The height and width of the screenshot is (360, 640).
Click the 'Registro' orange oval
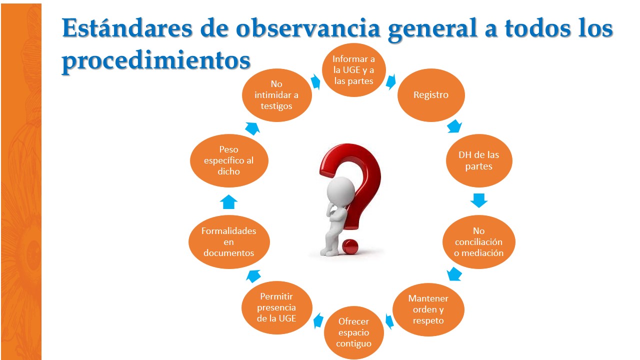431,95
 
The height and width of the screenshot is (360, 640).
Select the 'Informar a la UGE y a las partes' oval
354,69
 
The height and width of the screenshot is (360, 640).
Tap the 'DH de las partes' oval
478,160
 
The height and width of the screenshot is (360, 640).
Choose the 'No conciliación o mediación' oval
478,242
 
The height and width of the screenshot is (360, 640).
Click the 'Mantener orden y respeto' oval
428,309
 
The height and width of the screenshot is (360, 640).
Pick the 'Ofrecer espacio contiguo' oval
353,332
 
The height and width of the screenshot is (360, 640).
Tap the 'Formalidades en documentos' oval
229,242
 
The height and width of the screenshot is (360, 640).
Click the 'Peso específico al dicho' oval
229,160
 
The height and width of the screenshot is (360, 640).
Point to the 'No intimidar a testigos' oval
276,95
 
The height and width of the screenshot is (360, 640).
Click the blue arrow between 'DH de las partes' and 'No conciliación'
478,200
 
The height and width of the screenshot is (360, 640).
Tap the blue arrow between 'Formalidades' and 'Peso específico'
229,201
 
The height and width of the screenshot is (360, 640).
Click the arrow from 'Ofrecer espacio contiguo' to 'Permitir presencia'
317,321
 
